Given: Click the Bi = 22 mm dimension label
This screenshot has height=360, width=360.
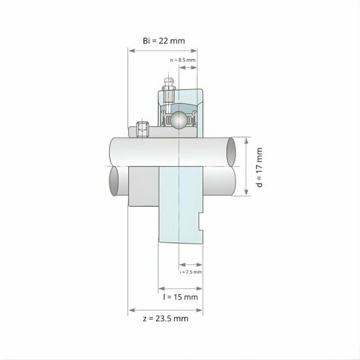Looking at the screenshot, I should tap(164, 41).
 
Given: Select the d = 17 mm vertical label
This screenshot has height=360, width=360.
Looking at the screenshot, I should tap(260, 167).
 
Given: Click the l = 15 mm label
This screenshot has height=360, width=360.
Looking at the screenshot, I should tap(180, 297).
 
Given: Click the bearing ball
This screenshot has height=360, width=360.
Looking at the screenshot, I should tap(179, 119).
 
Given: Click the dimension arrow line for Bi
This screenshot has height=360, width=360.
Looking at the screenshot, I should tap(164, 51).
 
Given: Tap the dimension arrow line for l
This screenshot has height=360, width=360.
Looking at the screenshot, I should tap(180, 286).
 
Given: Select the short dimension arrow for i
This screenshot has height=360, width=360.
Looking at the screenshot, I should tap(189, 264).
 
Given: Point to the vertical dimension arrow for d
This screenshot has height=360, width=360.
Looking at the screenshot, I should tap(247, 167).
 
